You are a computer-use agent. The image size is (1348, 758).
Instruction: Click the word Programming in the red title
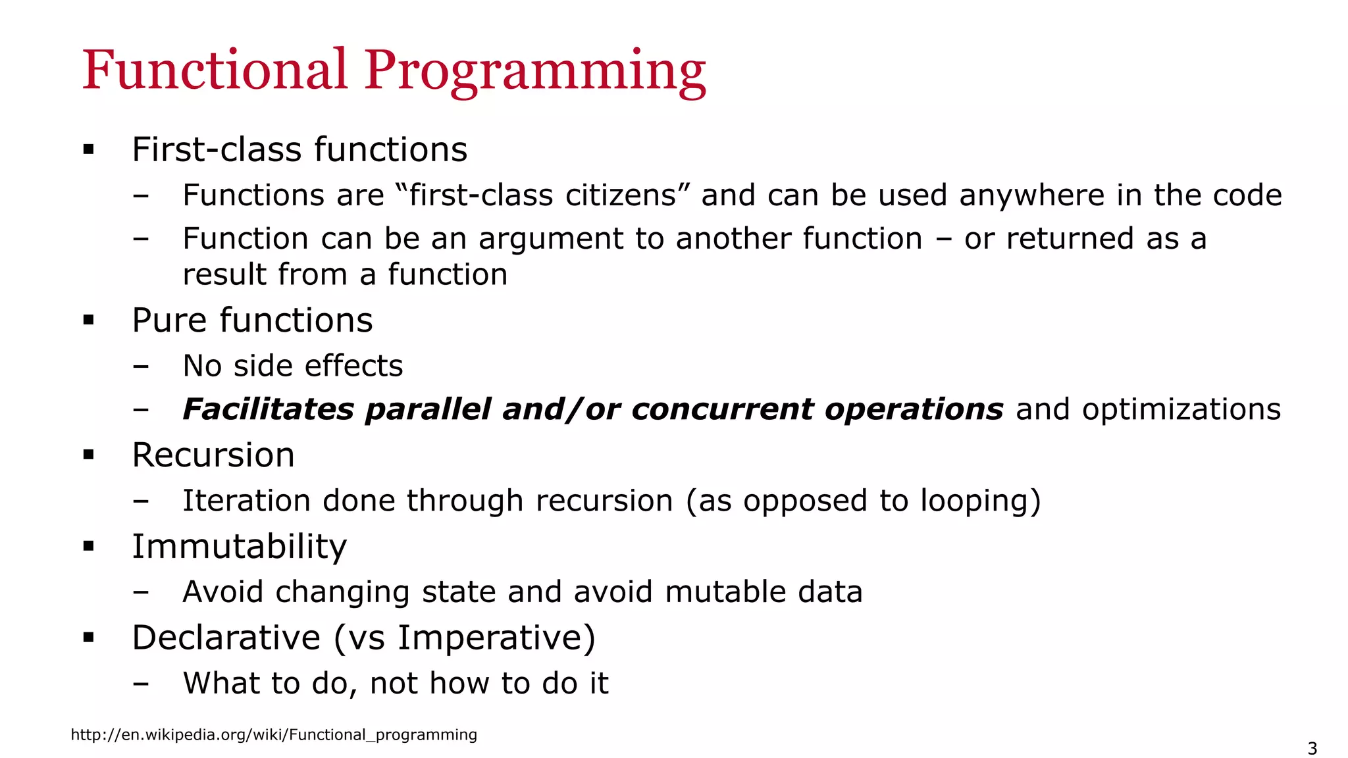coord(535,70)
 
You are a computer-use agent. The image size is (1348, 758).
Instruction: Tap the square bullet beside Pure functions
coord(89,320)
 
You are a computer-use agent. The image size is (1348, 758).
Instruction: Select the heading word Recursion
coord(213,455)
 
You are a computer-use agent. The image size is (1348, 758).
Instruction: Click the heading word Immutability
coord(239,546)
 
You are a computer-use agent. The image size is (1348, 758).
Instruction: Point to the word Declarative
coord(226,638)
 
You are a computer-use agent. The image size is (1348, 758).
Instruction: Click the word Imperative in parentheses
coord(490,638)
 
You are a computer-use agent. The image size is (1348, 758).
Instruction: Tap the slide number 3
coord(1312,749)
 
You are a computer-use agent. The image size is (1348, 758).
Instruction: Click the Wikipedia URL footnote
coord(274,734)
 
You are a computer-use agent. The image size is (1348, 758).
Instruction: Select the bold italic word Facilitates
coord(268,409)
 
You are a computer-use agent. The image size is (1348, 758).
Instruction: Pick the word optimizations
coord(1181,409)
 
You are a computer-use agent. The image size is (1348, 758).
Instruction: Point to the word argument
coord(550,239)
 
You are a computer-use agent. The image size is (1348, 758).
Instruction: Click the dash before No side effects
coord(140,366)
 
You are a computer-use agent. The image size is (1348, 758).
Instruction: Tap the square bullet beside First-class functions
coord(89,150)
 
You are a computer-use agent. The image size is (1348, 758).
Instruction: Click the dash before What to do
coord(140,683)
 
